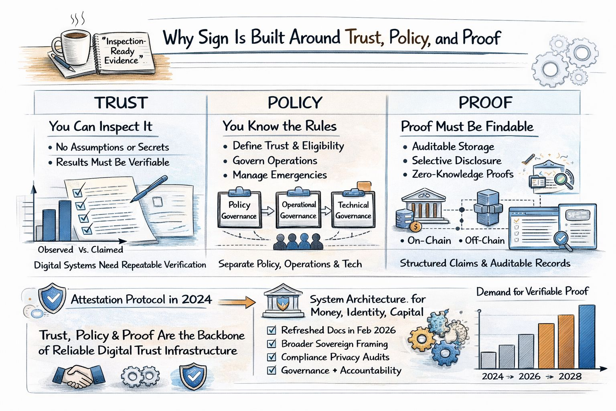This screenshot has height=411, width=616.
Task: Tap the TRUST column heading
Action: [121, 103]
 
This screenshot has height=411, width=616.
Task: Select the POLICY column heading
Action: [295, 103]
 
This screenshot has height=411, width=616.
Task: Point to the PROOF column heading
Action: [485, 103]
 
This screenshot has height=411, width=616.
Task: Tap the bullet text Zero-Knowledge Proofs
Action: [462, 174]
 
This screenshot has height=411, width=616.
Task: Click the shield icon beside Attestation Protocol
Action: [52, 298]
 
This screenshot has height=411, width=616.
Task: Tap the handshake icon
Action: [79, 376]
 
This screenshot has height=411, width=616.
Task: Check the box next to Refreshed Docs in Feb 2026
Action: [272, 330]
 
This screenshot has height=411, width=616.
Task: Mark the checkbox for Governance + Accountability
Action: [272, 370]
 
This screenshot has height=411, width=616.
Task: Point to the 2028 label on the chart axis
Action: [570, 376]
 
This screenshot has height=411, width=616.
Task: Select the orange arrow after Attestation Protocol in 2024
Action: [237, 301]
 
